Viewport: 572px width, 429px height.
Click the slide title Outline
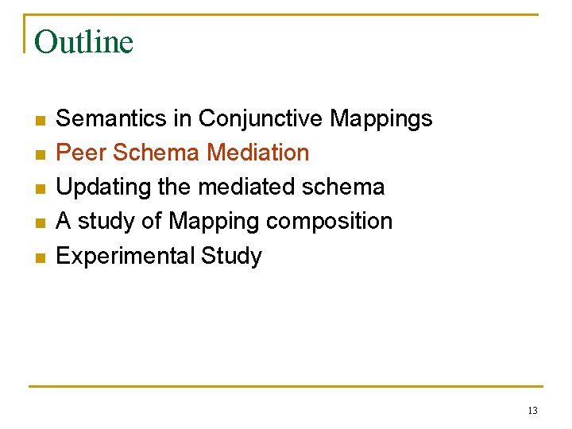click(83, 42)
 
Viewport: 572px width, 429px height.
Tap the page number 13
click(531, 411)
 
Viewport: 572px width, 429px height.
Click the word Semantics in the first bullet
click(110, 118)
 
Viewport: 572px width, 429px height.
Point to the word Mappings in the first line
click(381, 119)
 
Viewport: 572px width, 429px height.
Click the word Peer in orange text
click(77, 153)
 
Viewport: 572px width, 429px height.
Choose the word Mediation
click(257, 153)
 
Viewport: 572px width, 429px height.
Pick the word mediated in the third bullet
click(244, 187)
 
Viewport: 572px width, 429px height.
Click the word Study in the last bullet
click(231, 257)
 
